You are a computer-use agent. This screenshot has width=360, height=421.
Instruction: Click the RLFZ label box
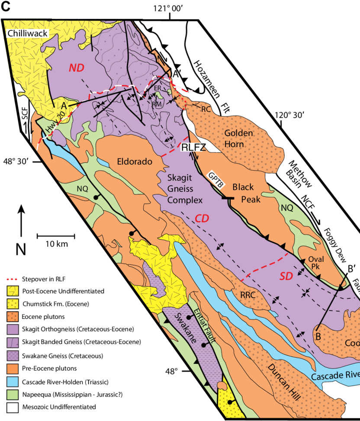click(193, 147)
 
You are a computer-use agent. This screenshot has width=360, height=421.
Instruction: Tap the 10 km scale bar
click(56, 236)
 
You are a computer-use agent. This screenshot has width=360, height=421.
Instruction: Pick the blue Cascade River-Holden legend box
click(13, 382)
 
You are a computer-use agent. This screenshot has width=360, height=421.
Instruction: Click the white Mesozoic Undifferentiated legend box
click(13, 407)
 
